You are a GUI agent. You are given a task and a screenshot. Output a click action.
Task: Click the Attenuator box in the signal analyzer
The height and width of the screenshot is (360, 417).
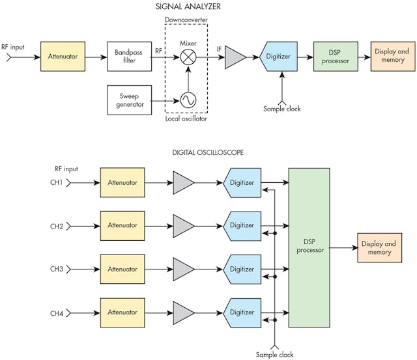(x=63, y=57)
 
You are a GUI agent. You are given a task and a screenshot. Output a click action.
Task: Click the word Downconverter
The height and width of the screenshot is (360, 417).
(x=189, y=21)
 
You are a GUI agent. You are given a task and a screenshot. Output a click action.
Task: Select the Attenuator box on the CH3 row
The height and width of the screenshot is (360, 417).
(x=122, y=269)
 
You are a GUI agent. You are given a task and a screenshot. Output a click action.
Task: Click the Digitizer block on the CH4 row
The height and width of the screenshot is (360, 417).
(x=242, y=312)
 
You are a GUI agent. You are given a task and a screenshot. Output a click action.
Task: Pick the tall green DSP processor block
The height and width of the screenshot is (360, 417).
(x=309, y=247)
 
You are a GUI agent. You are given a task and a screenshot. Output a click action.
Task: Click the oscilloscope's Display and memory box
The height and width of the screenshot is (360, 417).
(x=378, y=247)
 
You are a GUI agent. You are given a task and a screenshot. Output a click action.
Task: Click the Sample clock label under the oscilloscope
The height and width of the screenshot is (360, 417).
(x=276, y=354)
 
